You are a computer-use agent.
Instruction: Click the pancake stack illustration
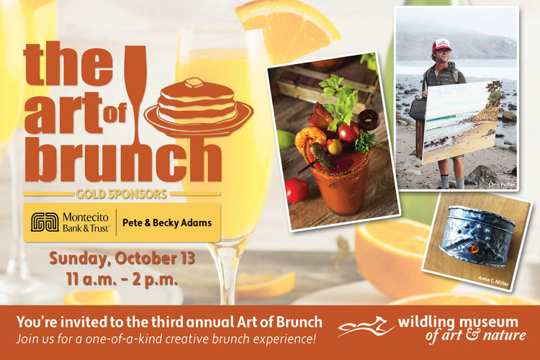pos(199,107)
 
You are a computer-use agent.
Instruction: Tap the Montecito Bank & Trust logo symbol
pos(45,222)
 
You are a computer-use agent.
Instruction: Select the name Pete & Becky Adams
pos(167,223)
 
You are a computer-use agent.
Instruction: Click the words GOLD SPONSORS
pos(122,194)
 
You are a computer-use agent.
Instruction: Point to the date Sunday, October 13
pos(122,258)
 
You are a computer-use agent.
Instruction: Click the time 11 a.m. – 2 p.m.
pos(122,279)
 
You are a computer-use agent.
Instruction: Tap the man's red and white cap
pos(442,45)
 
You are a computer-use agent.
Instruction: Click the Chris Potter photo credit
pos(502,184)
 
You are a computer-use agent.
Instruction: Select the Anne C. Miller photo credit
pos(493,281)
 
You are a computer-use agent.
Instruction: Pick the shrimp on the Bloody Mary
pos(310,138)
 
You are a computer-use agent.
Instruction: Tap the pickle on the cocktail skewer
pos(322,157)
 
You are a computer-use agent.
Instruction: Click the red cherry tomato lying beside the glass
pos(297,190)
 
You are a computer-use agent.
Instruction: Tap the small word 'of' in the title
pos(114,113)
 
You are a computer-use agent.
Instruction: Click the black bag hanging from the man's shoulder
pos(418,109)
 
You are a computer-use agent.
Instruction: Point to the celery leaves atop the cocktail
pos(340,101)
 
